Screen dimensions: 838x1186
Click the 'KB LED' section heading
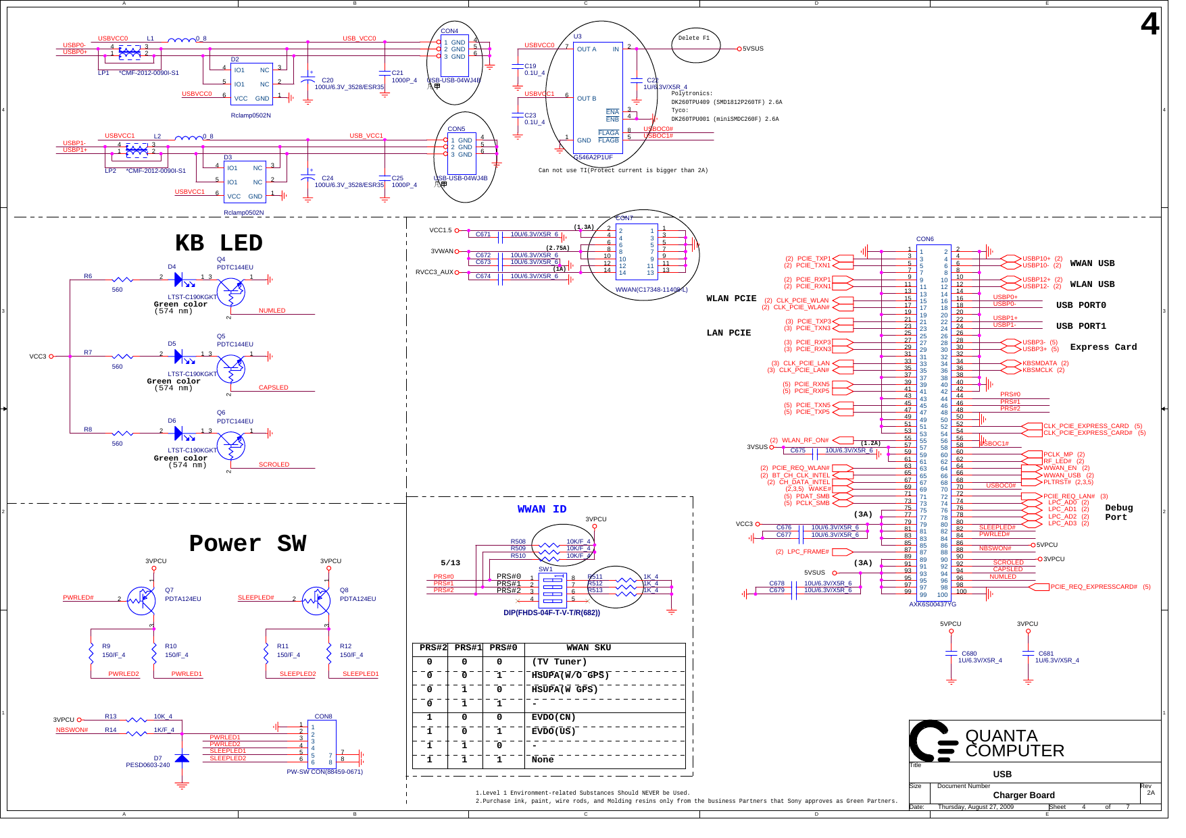coord(218,243)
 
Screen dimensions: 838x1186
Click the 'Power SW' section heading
coord(247,544)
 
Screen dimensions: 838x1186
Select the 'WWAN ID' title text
coord(542,509)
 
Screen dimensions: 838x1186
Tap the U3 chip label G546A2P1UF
coord(593,157)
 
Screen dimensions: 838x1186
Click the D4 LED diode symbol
coord(179,280)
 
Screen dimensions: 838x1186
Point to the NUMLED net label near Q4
coord(272,311)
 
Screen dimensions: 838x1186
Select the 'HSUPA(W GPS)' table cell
coord(564,689)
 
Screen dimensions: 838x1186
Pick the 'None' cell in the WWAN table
coord(542,760)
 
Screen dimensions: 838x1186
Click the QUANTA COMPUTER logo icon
coord(933,741)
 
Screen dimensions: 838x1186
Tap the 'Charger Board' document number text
coord(1023,795)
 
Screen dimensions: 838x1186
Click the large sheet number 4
coord(1150,25)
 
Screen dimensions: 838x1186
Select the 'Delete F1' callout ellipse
coord(695,41)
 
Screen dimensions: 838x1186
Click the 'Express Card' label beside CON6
coord(1103,347)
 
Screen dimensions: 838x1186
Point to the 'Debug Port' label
coord(1118,513)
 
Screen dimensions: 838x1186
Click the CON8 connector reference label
coord(323,716)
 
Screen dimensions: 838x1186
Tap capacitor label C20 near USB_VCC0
coord(327,80)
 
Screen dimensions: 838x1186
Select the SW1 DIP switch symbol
coord(553,588)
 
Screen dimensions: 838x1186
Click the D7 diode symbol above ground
coord(182,759)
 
